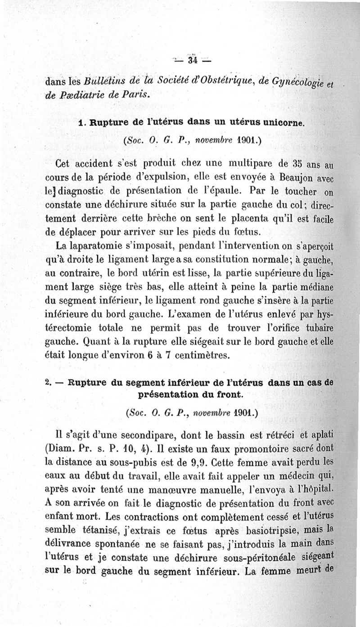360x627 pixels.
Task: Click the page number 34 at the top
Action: [194, 60]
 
